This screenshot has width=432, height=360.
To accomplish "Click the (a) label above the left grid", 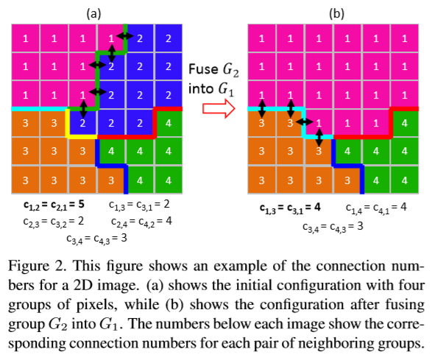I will pyautogui.click(x=93, y=11).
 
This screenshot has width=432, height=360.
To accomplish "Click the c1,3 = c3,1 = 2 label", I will pyautogui.click(x=140, y=204).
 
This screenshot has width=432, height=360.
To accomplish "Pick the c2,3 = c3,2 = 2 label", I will pyautogui.click(x=51, y=221).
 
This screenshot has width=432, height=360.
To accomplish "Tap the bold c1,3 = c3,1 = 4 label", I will pyautogui.click(x=291, y=208).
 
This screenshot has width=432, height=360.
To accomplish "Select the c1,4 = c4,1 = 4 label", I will pyautogui.click(x=378, y=208).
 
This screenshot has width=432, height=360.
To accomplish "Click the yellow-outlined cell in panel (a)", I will pyautogui.click(x=82, y=123).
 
